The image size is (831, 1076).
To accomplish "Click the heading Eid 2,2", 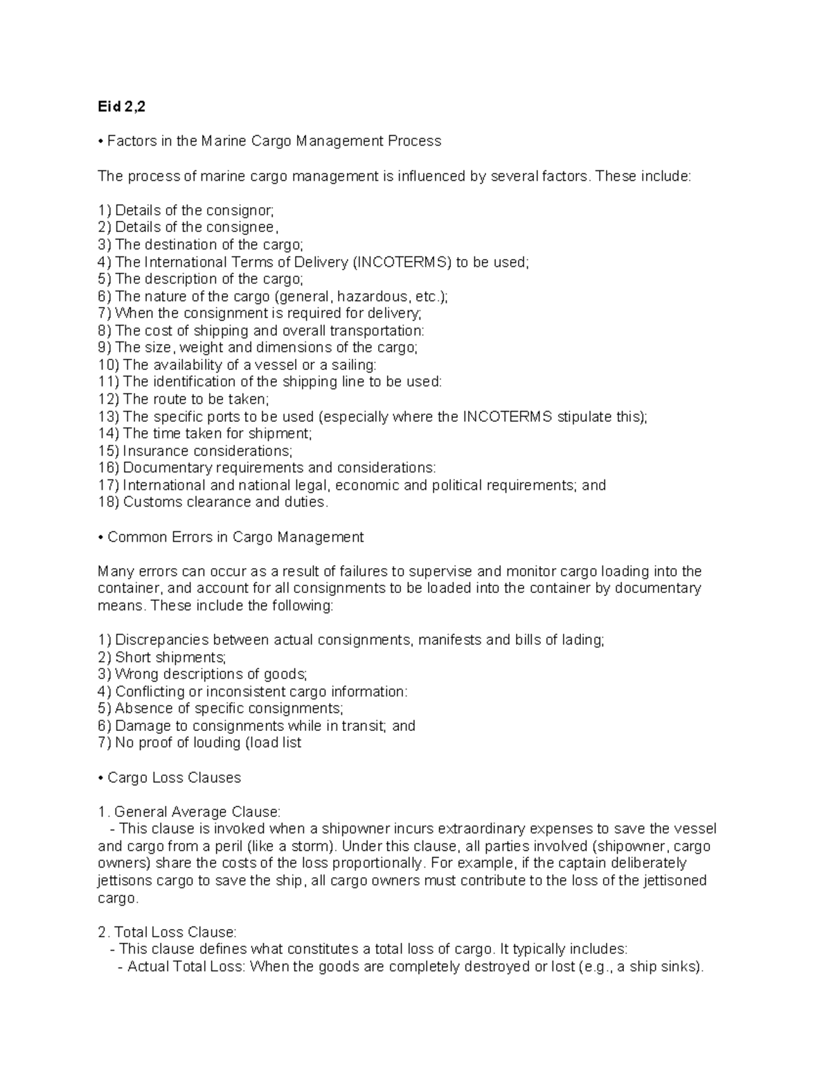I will pos(122,107).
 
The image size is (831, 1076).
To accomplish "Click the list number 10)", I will pos(109,365).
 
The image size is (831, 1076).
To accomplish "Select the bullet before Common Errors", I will pos(101,537).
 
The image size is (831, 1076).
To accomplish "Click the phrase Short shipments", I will pos(170,658).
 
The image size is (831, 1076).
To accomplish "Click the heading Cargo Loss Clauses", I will pos(174,778).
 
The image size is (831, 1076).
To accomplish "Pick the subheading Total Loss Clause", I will pos(175,933).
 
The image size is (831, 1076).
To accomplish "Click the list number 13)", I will pos(109,417).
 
